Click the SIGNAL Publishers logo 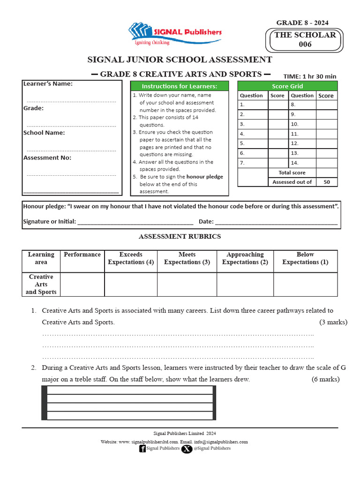click(x=174, y=34)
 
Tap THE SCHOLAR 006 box click(x=305, y=40)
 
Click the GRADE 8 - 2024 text click(x=302, y=22)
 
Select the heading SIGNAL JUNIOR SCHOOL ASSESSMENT click(x=180, y=60)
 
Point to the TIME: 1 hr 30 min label click(x=310, y=76)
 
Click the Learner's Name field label click(x=48, y=84)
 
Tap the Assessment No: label click(x=47, y=157)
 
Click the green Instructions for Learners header click(x=180, y=86)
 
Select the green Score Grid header click(x=287, y=86)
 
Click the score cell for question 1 click(x=277, y=105)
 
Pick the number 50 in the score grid click(x=327, y=182)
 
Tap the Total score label click(x=292, y=172)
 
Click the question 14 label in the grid click(x=294, y=163)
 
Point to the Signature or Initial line click(x=135, y=221)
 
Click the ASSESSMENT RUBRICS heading click(x=180, y=237)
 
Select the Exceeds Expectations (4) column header click(x=131, y=258)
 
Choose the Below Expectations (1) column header click(x=305, y=258)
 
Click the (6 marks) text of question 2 click(x=325, y=379)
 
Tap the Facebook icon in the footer click(x=142, y=449)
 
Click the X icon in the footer click(x=187, y=449)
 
